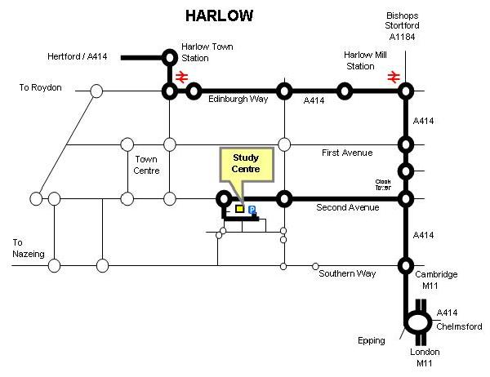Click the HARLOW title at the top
[218, 16]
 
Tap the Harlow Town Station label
[207, 52]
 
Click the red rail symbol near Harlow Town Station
[181, 77]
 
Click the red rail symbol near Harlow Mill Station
[394, 76]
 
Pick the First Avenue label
[346, 153]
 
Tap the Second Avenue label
[348, 208]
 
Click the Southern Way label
[347, 273]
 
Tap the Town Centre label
[146, 165]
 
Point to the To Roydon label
[40, 87]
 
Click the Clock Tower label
[384, 184]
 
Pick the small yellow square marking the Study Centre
[239, 209]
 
